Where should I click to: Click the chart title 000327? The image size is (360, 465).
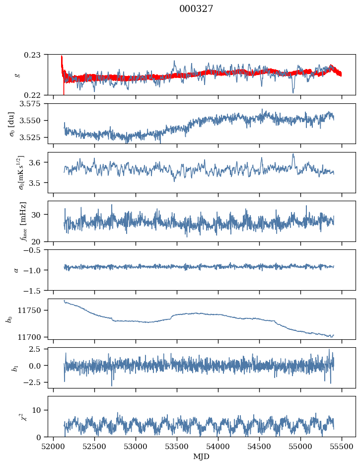[x=196, y=9]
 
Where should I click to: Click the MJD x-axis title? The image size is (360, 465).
[x=201, y=456]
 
